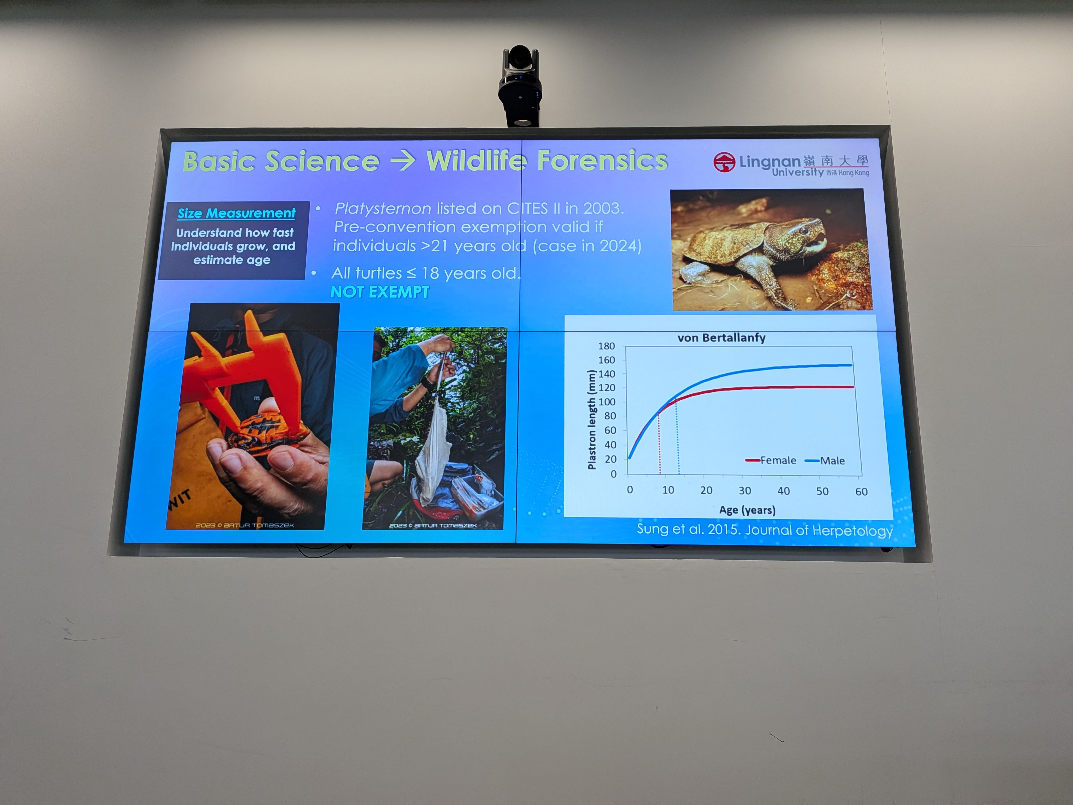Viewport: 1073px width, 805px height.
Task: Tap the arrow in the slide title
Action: pos(403,161)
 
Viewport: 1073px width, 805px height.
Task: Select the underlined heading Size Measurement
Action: pos(236,213)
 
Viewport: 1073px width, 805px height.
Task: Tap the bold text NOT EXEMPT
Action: pos(380,292)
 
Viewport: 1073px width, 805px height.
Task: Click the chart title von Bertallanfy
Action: pos(721,338)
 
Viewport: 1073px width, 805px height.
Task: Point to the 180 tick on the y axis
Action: pos(606,346)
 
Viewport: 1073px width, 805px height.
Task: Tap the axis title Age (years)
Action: pos(747,510)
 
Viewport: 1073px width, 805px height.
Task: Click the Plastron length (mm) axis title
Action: pos(591,420)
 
